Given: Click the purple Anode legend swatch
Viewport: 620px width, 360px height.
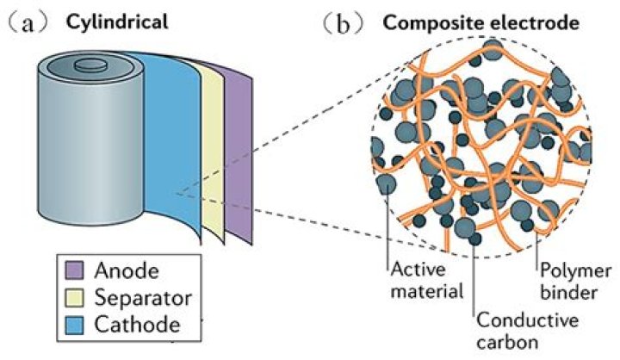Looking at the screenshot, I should pyautogui.click(x=75, y=272).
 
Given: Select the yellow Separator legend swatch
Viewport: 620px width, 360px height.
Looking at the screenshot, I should pyautogui.click(x=75, y=299).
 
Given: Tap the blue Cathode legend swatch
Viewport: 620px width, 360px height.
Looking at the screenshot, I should pyautogui.click(x=75, y=326).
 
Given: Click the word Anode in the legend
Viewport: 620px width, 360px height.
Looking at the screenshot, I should pyautogui.click(x=128, y=272).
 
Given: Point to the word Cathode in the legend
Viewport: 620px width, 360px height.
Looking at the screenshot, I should pyautogui.click(x=138, y=326).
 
